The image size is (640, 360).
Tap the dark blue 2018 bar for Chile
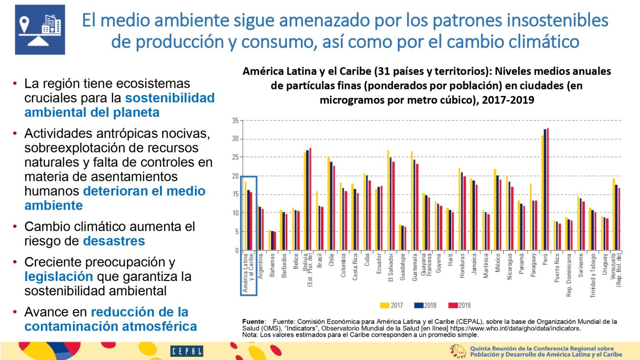coord(331,206)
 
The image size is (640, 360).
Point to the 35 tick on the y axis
coord(235,121)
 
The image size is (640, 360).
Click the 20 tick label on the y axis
coord(235,176)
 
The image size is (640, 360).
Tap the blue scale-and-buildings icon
coord(40,30)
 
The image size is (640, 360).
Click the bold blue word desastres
coord(114,241)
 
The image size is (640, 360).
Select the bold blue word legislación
coord(59,276)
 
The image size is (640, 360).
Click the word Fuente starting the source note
coord(253,322)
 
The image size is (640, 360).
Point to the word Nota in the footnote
coord(251,334)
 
